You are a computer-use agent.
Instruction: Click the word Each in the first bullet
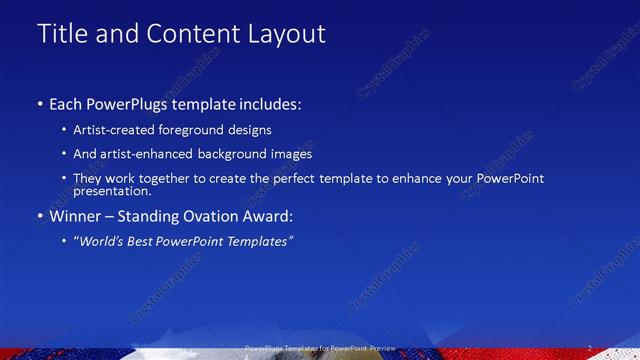pos(68,104)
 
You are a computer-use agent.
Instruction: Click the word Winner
pos(77,216)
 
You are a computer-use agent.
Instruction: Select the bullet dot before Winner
pos(39,217)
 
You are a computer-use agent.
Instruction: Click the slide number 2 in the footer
pos(590,348)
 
